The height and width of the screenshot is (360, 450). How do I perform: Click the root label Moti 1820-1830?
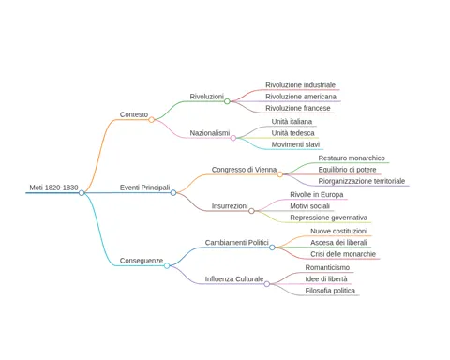pos(53,187)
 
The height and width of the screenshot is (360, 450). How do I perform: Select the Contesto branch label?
pos(134,114)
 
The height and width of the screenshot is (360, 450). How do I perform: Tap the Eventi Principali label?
pos(145,187)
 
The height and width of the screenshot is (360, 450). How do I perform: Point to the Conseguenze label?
pos(142,261)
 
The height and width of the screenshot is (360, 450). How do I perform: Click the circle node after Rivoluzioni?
pos(227,101)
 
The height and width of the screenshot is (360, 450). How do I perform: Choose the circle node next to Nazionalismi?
pos(233,138)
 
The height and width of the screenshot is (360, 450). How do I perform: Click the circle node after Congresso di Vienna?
pos(280,174)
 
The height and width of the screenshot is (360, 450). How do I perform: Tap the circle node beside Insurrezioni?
pos(251,211)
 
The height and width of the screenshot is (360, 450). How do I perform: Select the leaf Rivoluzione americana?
pos(301,97)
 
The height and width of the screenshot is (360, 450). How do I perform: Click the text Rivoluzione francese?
pos(298,108)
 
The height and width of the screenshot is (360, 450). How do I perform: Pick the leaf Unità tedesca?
pos(293,133)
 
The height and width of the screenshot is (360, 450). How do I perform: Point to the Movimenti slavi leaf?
pos(295,144)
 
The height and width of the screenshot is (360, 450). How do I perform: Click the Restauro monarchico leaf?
pos(352,157)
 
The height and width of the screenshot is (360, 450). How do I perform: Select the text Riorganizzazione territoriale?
pos(362,181)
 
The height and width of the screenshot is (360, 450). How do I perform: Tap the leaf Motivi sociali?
pos(310,206)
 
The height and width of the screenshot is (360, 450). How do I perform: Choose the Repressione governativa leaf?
pos(329,217)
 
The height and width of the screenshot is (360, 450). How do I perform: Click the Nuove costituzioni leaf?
pos(339,231)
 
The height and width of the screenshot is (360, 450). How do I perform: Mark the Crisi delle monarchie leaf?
pos(343,254)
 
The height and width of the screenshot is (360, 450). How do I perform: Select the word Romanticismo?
pos(327,267)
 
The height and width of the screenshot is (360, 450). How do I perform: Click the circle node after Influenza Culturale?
pos(267,284)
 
